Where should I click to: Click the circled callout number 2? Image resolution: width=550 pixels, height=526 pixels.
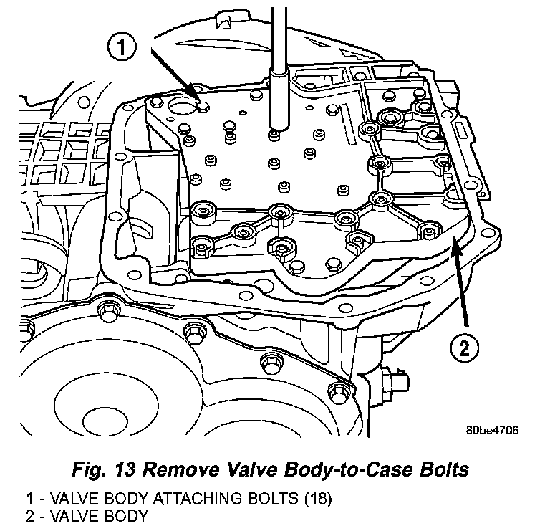[x=464, y=350]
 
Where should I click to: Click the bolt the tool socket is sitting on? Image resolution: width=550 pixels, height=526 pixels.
[x=274, y=133]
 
